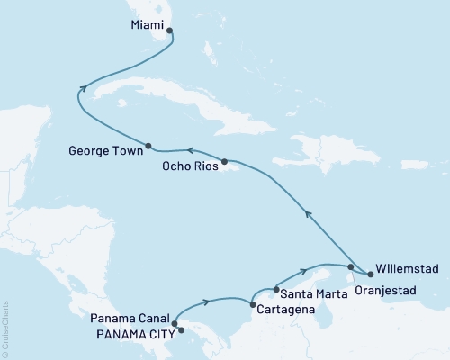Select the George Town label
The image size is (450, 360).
tap(103, 153)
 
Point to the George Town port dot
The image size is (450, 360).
tap(148, 145)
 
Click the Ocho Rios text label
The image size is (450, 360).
tap(189, 166)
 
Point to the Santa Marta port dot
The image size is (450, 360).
tap(275, 292)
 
